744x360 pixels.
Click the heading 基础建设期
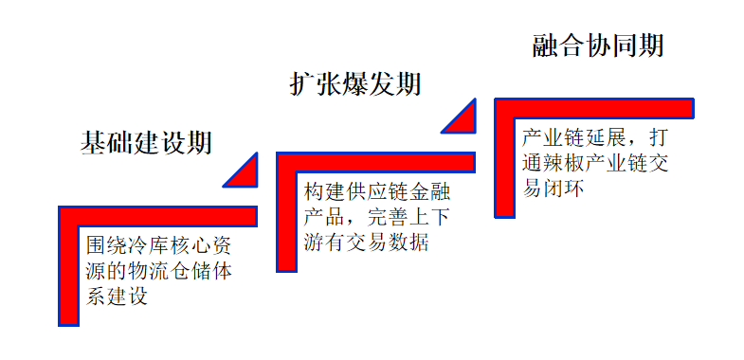[145, 143]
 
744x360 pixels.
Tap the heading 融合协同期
[597, 45]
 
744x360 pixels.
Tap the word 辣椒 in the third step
[563, 162]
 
